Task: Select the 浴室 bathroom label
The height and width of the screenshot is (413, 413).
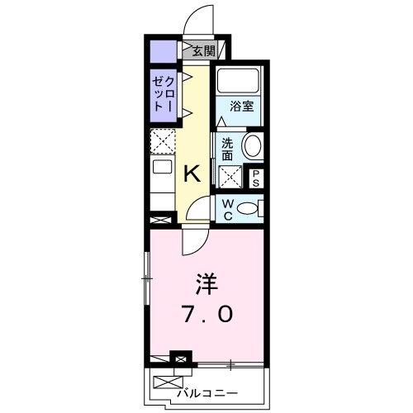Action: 240,106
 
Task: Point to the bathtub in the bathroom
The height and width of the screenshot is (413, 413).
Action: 238,83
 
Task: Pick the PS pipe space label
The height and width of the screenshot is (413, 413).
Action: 255,177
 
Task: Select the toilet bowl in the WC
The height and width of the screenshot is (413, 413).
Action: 247,209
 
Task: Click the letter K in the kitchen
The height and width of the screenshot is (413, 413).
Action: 192,173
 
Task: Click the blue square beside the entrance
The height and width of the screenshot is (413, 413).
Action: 163,52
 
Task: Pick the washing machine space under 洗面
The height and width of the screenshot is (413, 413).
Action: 229,175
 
